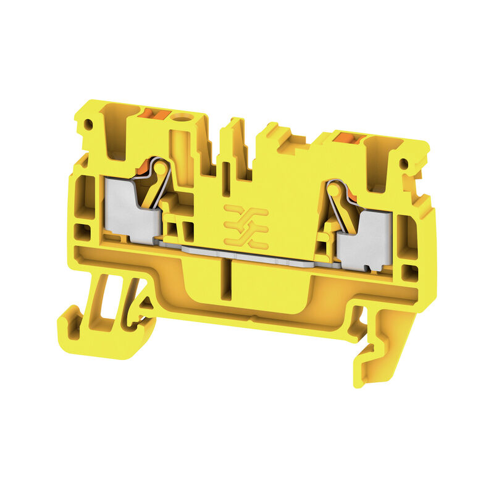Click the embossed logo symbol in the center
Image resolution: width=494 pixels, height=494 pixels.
(245, 225)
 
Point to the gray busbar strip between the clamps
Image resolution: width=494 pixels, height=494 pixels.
(247, 253)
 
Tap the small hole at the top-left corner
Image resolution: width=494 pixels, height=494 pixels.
(88, 124)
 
